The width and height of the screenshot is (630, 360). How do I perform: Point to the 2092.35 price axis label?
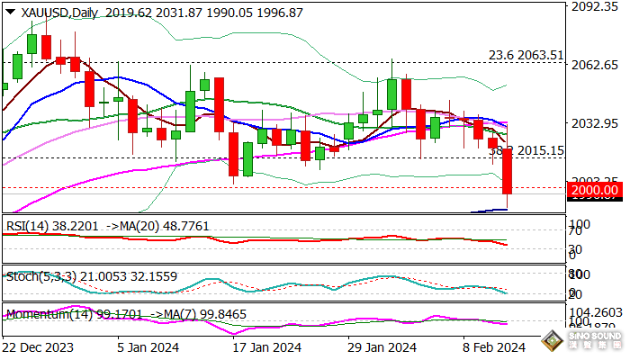pos(596,7)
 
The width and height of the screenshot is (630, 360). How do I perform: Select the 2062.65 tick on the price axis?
pos(596,65)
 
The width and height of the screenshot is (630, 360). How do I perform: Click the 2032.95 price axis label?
pos(596,122)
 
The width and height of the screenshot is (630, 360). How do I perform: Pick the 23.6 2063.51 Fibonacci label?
pos(526,54)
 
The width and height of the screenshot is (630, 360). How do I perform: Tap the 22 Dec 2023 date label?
pos(39,346)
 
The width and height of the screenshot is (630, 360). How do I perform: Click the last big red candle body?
pos(507,171)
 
